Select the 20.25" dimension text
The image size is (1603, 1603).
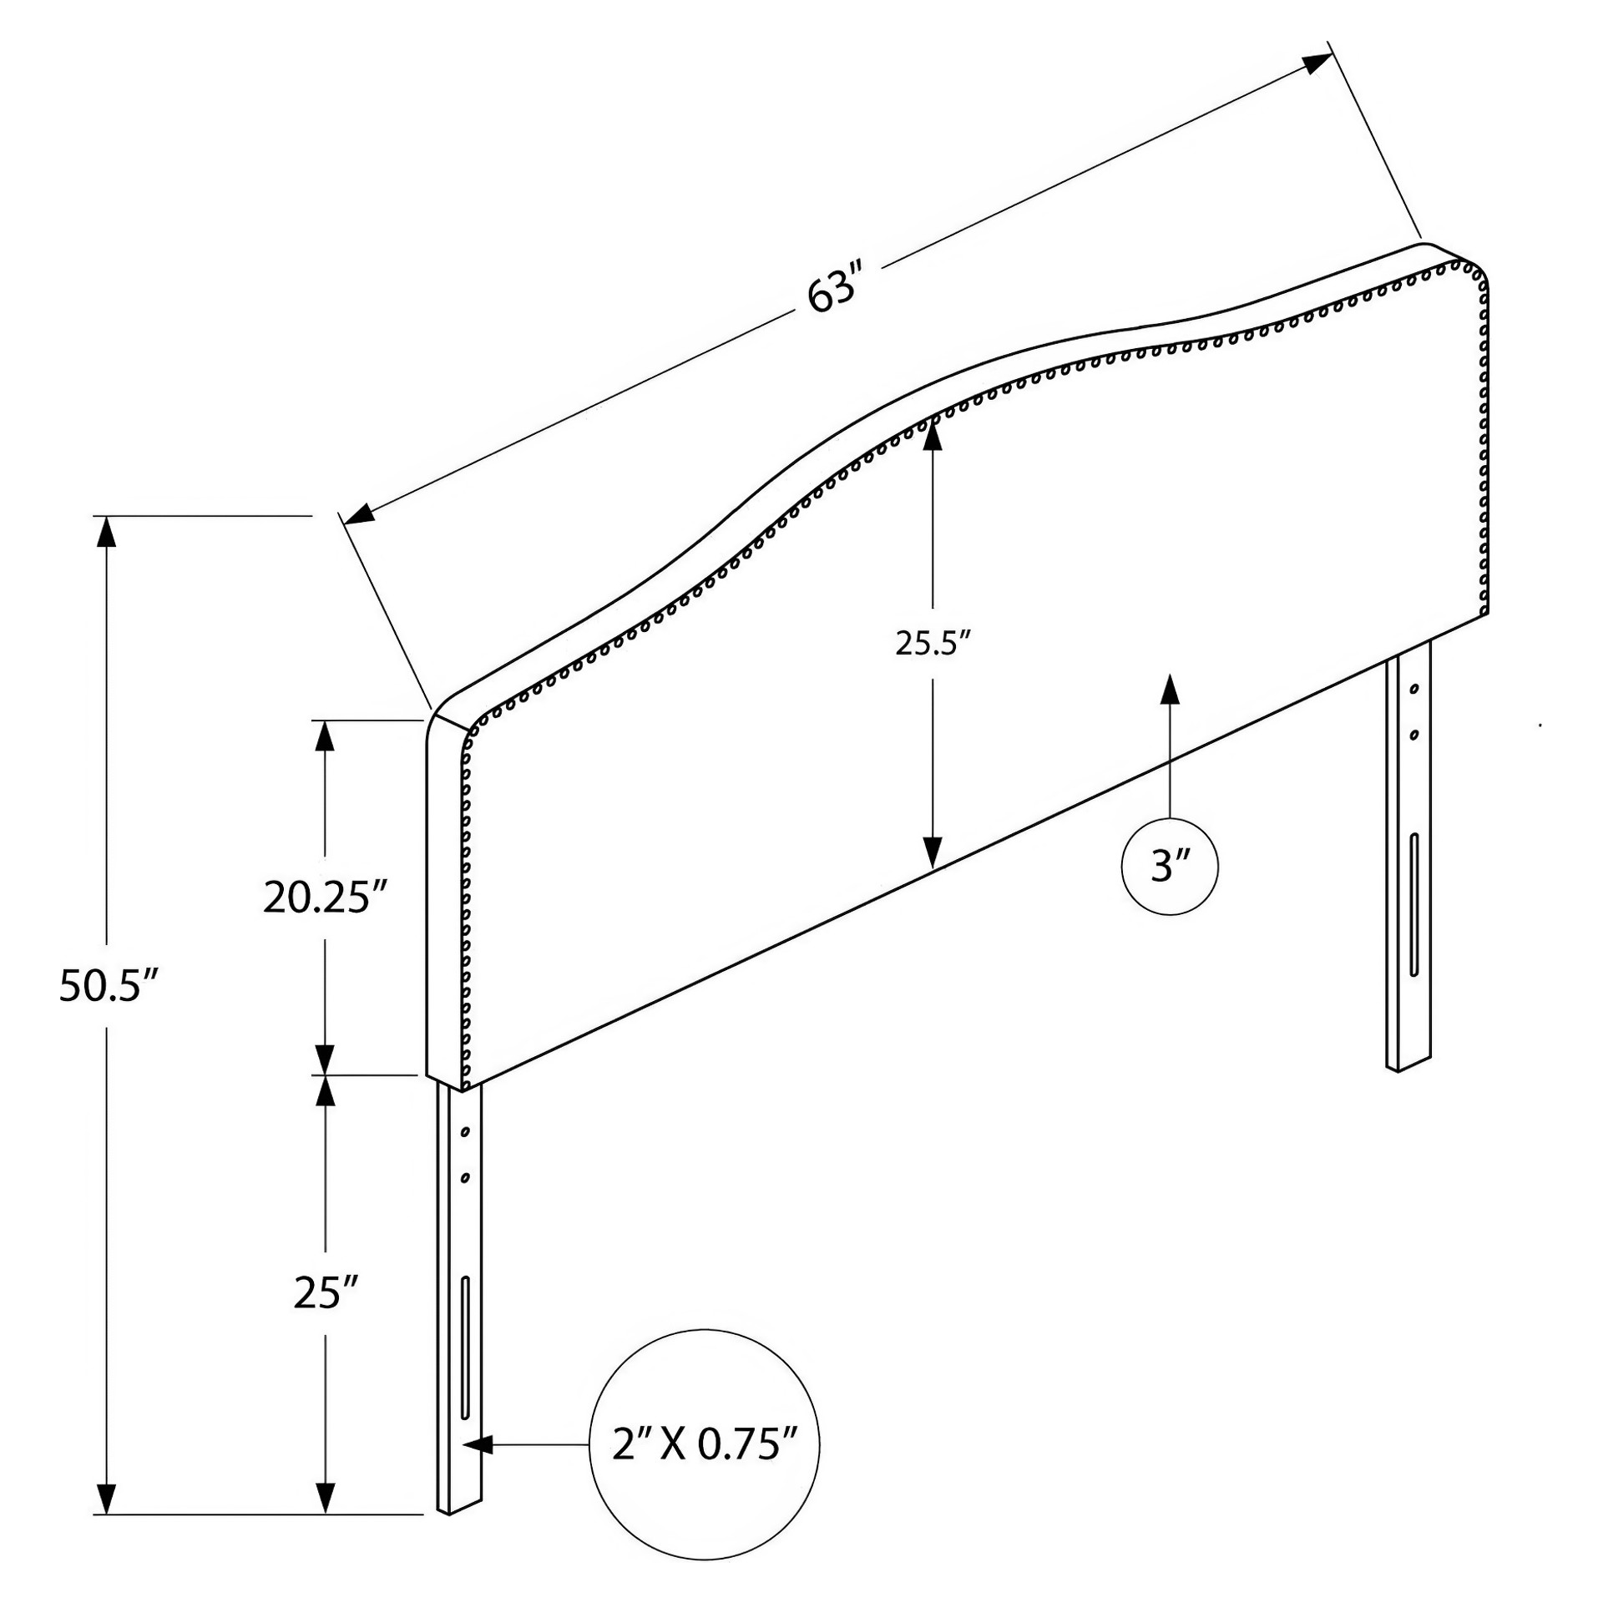pyautogui.click(x=326, y=898)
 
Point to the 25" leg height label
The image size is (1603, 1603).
pyautogui.click(x=326, y=1292)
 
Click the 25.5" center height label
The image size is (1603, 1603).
pyautogui.click(x=933, y=643)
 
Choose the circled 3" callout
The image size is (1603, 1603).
pyautogui.click(x=1169, y=867)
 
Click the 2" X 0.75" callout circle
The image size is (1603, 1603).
pyautogui.click(x=705, y=1444)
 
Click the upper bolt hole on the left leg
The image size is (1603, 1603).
pyautogui.click(x=465, y=1132)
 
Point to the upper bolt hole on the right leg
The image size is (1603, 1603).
pyautogui.click(x=1413, y=690)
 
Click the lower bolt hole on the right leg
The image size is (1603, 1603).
pyautogui.click(x=1413, y=736)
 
